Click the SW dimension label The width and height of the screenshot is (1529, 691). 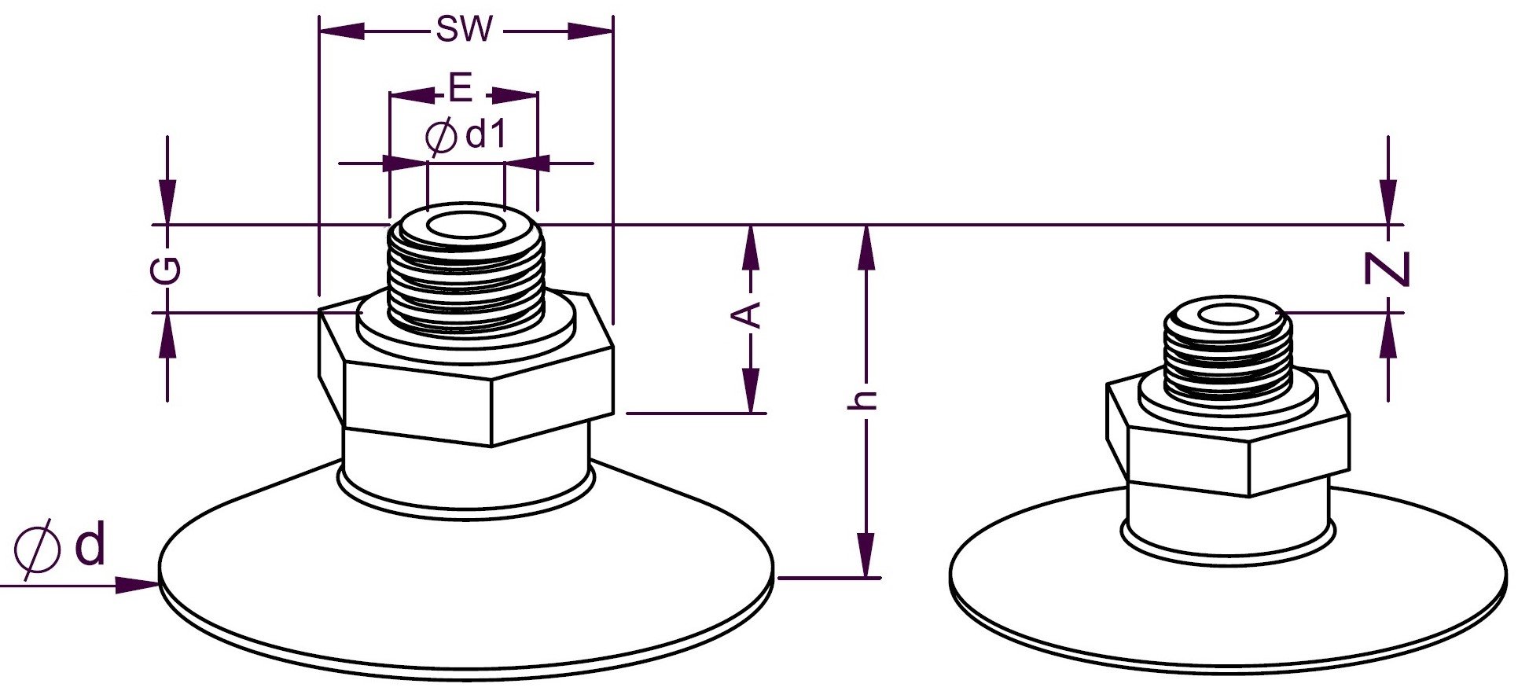pyautogui.click(x=465, y=30)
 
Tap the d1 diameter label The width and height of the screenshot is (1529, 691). pyautogui.click(x=485, y=135)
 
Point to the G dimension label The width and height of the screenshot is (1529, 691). pyautogui.click(x=167, y=269)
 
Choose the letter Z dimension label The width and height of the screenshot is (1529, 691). pyautogui.click(x=1387, y=269)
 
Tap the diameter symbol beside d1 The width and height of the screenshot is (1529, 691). pyautogui.click(x=440, y=137)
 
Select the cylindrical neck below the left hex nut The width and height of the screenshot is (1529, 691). pyautogui.click(x=465, y=472)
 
